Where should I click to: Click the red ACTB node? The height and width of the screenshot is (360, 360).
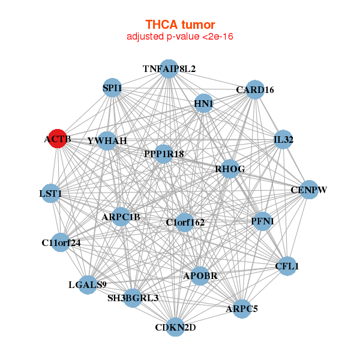(58, 139)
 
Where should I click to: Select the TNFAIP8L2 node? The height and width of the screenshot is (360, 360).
(169, 69)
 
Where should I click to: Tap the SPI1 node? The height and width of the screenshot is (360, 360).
(112, 88)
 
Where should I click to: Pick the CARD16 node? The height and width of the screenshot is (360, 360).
(255, 89)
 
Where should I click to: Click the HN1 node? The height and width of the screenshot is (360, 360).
(204, 103)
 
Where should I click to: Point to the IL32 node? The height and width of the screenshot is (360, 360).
(283, 140)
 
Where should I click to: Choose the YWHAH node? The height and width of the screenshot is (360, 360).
(107, 140)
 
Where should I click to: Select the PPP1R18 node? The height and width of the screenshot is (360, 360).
(164, 154)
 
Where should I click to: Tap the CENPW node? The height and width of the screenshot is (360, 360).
(308, 190)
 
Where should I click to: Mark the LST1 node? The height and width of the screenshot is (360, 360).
(51, 194)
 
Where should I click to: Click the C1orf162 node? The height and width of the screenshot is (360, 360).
(185, 222)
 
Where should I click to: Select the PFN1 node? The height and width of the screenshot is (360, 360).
(262, 221)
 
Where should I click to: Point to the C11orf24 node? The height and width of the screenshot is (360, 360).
(61, 242)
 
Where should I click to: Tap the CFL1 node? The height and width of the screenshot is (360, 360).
(287, 265)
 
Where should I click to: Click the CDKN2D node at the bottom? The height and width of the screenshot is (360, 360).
(176, 327)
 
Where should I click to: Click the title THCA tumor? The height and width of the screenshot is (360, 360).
(180, 25)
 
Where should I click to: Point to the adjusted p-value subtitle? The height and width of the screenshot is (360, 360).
(180, 37)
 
